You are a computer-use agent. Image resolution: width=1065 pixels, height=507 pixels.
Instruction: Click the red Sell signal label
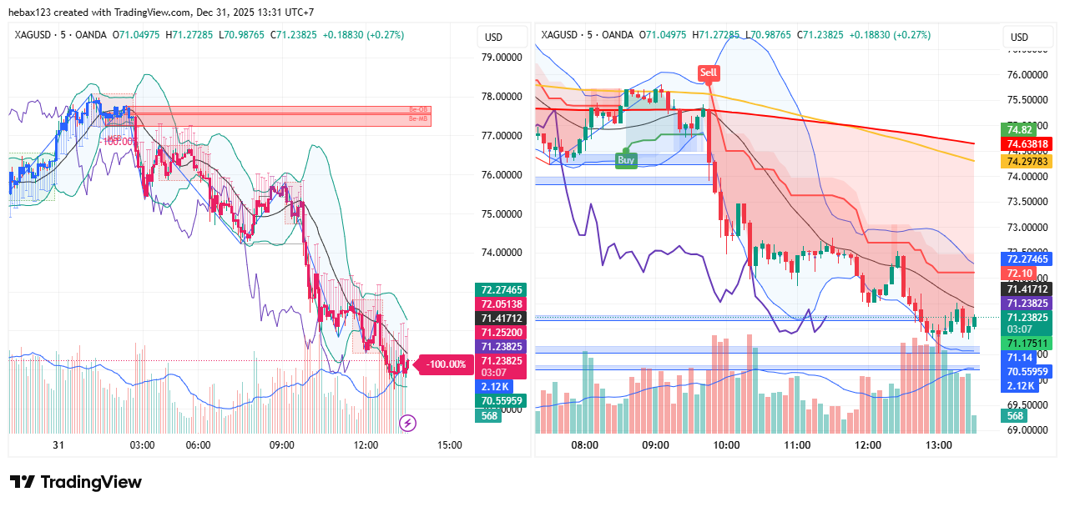pos(709,73)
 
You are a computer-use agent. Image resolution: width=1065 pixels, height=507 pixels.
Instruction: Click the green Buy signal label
pos(626,159)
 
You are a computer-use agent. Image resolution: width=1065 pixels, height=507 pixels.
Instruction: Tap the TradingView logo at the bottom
pos(76,482)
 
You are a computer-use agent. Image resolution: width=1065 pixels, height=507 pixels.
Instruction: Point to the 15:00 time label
pos(449,445)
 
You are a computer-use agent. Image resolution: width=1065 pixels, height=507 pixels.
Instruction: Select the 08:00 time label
pos(584,445)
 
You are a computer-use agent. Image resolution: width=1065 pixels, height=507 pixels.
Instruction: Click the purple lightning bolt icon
pos(408,424)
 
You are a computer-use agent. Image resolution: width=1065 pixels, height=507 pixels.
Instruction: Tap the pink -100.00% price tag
pos(445,364)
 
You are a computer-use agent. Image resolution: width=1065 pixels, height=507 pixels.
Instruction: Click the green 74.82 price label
pos(1020,129)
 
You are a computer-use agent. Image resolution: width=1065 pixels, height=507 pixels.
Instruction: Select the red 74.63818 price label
pos(1027,144)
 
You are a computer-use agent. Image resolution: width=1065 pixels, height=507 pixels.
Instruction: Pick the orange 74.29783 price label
pos(1027,160)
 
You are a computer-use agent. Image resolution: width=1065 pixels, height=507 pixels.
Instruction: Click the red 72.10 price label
pos(1020,274)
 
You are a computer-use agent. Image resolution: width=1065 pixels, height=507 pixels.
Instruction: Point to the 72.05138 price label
pos(502,304)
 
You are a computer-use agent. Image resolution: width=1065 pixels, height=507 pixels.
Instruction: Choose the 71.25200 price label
pos(502,332)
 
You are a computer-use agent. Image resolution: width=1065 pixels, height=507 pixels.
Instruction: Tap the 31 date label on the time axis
pos(58,445)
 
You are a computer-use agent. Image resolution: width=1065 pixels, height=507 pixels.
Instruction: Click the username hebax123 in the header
pos(38,13)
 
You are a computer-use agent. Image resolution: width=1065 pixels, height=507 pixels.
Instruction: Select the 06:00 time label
pos(198,445)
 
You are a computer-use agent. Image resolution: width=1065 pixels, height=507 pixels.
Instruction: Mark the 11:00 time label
pos(797,445)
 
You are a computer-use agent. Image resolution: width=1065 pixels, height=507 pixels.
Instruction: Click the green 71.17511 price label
pos(1027,343)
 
